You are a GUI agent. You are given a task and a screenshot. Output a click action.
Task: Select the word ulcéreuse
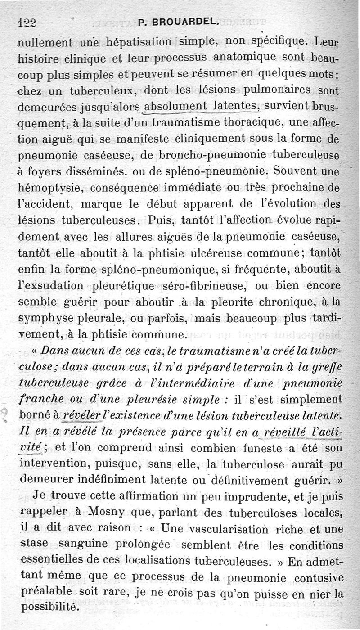224,253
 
